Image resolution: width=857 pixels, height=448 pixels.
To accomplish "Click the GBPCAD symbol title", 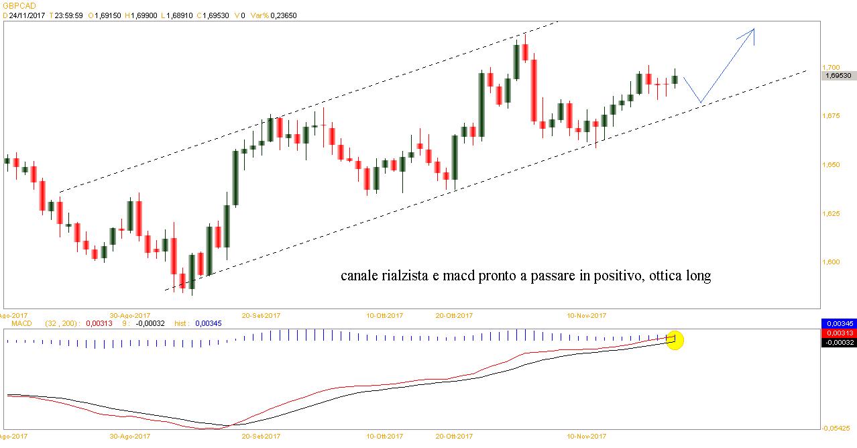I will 19,5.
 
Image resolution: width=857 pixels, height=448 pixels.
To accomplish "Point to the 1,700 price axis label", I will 830,68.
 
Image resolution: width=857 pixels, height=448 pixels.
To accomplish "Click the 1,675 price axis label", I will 830,117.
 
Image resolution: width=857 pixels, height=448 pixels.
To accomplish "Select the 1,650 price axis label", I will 830,165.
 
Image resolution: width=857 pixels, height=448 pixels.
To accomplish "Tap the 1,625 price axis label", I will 830,214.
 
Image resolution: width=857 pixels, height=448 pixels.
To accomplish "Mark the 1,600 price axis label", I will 830,262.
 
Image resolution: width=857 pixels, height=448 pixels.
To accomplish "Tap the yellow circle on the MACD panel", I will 675,340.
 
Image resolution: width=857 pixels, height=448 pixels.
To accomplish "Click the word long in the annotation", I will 697,276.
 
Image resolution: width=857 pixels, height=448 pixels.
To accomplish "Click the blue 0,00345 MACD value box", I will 839,323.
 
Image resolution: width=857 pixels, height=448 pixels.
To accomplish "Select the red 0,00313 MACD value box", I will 839,333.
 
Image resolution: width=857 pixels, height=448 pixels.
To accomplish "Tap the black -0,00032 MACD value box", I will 839,342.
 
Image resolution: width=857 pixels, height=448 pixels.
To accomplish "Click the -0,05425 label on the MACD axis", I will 838,427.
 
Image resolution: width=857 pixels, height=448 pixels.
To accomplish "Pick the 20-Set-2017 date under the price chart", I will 262,314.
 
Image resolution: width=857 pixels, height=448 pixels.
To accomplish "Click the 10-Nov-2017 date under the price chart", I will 587,314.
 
